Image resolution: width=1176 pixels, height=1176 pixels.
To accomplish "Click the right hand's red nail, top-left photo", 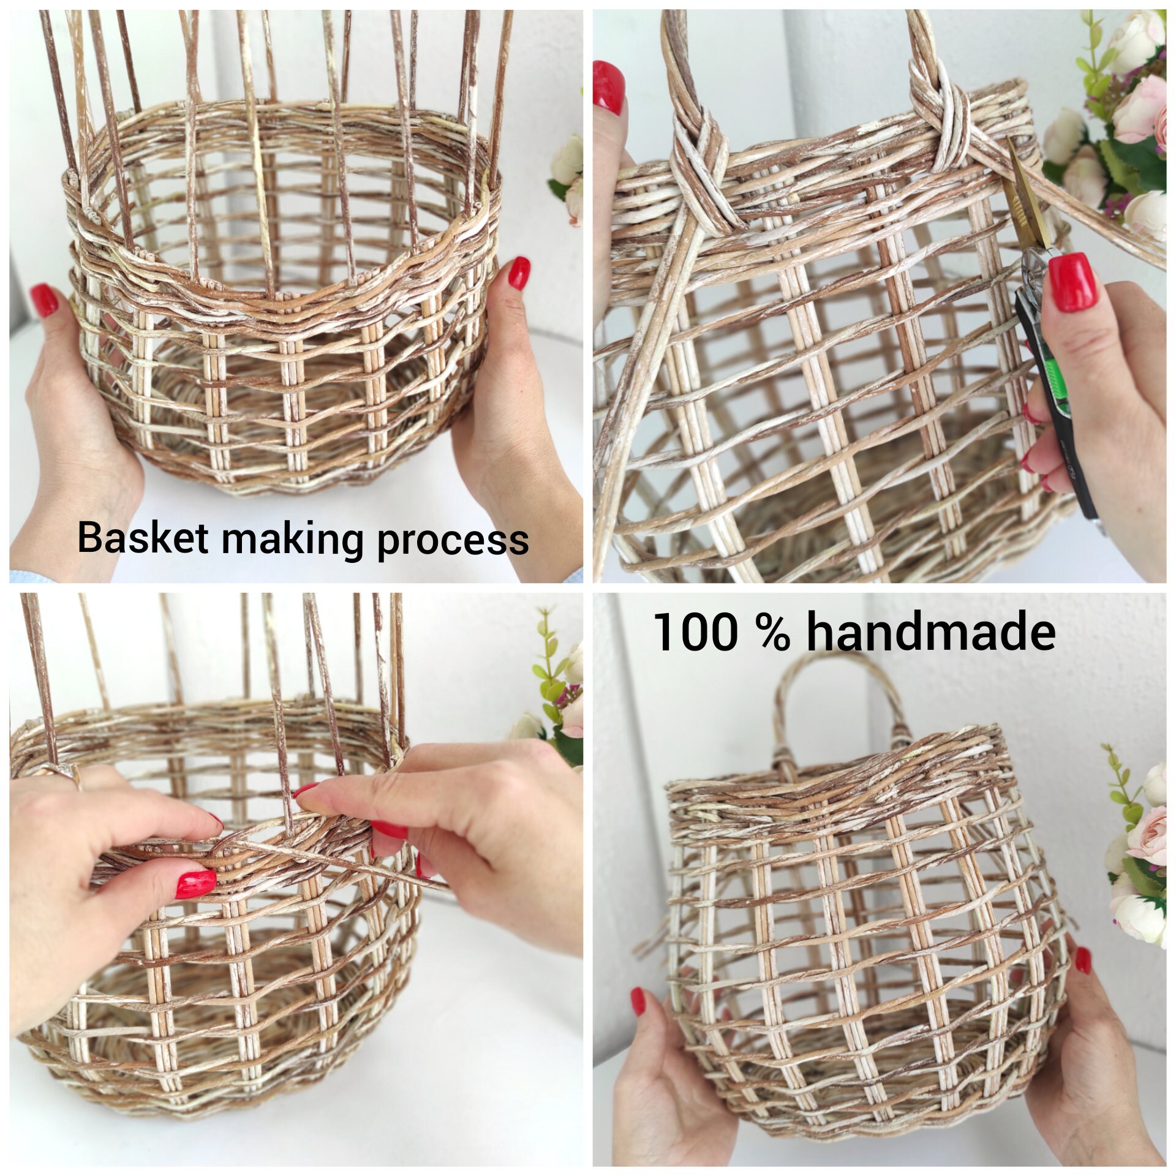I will (x=519, y=273).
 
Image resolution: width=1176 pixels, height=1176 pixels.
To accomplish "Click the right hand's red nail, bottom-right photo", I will (x=1082, y=960).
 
